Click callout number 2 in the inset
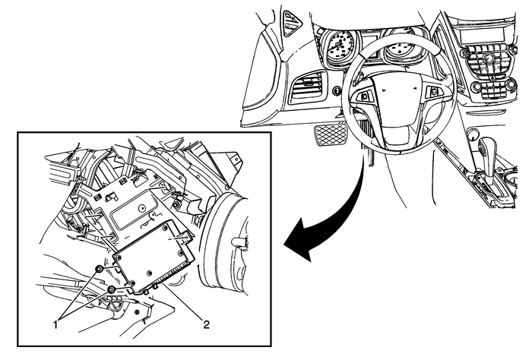coord(204,324)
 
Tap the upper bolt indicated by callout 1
coord(99,270)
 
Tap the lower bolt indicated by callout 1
coord(112,289)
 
